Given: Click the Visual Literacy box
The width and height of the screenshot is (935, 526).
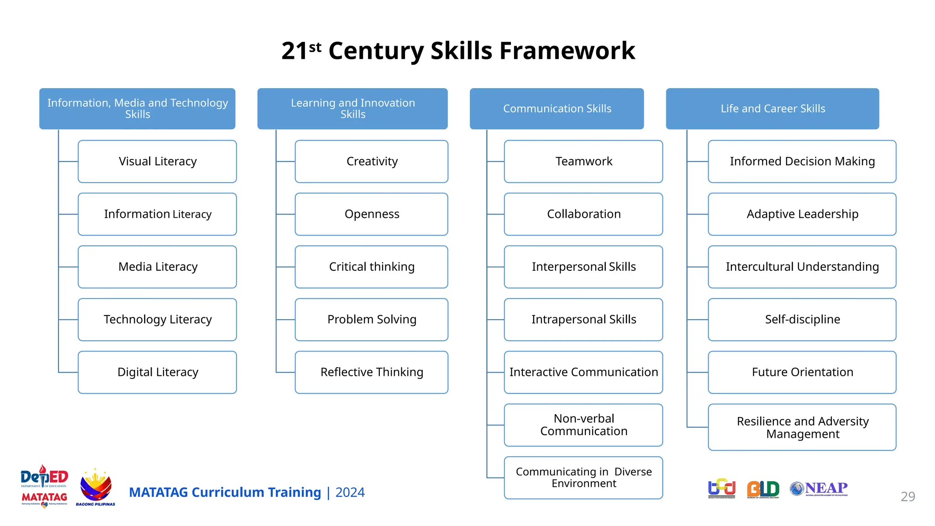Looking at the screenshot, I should [157, 162].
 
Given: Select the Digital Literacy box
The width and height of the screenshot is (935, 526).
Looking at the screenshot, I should [157, 372].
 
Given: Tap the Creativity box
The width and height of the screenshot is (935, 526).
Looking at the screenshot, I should [371, 162].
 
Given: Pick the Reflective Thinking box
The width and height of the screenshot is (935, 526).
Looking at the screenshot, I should [371, 372].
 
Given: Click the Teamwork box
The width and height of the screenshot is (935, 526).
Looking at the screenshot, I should [583, 162].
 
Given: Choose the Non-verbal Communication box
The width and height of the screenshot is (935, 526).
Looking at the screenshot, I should [583, 425].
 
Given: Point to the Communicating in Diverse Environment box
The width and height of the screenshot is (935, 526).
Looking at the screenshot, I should [583, 478].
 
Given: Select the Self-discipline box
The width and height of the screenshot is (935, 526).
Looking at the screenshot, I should [802, 320].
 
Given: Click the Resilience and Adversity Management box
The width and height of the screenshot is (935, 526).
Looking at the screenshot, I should [802, 427].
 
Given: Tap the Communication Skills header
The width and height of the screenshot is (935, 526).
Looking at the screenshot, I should [557, 109].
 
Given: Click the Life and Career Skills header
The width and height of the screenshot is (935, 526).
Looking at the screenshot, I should [772, 109].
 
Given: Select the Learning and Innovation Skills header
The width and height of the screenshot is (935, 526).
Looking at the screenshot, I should [352, 109].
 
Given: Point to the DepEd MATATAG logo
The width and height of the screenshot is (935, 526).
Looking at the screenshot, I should [44, 486].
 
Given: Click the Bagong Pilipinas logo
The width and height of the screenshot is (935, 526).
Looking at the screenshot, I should [95, 487].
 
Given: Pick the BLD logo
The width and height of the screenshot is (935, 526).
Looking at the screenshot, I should [763, 489].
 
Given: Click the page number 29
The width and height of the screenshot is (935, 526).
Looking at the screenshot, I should [908, 496].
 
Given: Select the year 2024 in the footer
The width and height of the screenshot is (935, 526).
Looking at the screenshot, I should [350, 492].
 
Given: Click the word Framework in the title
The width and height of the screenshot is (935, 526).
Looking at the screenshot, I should [567, 50].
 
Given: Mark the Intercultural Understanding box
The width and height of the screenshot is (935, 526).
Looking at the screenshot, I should [802, 267].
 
